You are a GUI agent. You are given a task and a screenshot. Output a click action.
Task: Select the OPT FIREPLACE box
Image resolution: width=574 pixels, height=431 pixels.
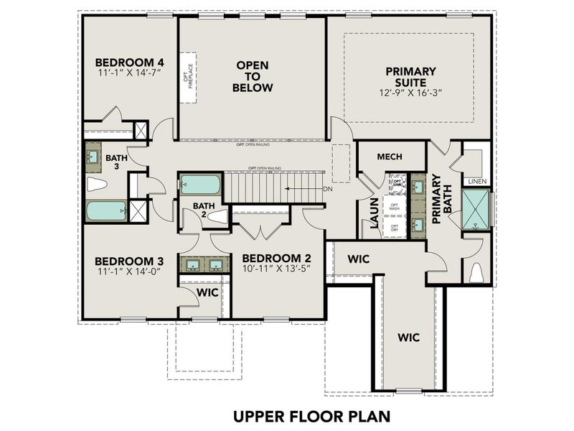[x=189, y=77]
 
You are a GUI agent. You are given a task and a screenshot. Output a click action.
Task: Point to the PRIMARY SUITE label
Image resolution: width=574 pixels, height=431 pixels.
[x=410, y=77]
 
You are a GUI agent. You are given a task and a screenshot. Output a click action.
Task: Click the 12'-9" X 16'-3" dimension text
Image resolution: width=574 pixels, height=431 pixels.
[x=410, y=93]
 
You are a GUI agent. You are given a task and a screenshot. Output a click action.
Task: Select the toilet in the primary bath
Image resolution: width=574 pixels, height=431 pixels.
[x=476, y=273]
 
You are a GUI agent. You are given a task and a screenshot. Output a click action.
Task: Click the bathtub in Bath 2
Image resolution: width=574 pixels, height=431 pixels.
[x=200, y=185]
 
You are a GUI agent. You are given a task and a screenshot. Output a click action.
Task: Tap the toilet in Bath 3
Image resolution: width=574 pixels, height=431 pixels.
[x=97, y=185]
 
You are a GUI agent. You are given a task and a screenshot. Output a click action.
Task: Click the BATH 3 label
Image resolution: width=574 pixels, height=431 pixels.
[x=116, y=162]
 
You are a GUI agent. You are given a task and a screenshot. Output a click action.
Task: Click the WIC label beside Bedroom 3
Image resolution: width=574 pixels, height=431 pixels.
[x=207, y=293]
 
